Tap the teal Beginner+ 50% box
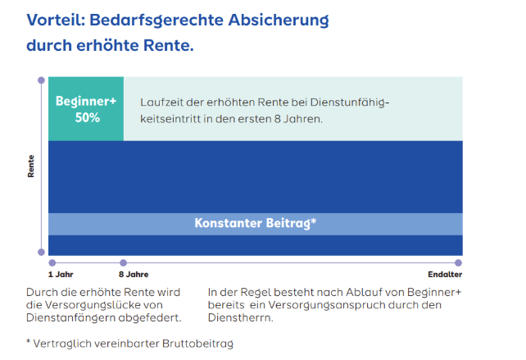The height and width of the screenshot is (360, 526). click(x=86, y=109)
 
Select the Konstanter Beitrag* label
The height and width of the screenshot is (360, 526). click(x=256, y=223)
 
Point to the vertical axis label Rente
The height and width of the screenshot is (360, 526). click(x=31, y=166)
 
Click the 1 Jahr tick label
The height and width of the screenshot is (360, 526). click(x=61, y=274)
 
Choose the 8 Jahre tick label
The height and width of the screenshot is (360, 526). click(x=134, y=274)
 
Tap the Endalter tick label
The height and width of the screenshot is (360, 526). click(x=445, y=274)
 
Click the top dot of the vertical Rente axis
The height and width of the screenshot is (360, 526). click(x=41, y=80)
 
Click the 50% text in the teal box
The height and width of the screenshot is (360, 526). click(x=86, y=117)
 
